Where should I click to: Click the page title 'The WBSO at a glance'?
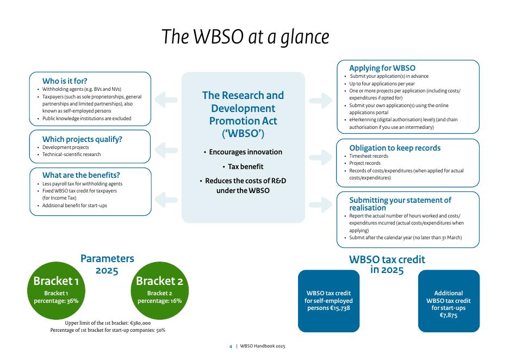(x=246, y=37)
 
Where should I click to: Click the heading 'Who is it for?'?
(x=65, y=81)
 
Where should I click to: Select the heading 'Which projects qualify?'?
(x=82, y=139)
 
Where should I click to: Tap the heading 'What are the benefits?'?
(x=81, y=175)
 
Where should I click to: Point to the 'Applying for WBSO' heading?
(x=382, y=68)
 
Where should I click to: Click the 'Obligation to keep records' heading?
(x=395, y=148)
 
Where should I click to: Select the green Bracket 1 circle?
(x=57, y=290)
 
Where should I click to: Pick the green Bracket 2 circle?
(x=159, y=290)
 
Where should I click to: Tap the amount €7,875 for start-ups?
(x=449, y=315)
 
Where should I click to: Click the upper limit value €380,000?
(x=138, y=322)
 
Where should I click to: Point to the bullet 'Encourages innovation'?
(x=243, y=152)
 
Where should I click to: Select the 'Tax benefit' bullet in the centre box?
(x=243, y=166)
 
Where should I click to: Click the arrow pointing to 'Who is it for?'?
(x=166, y=100)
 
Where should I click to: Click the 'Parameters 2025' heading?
(x=107, y=264)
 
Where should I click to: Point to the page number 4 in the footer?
(x=231, y=346)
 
